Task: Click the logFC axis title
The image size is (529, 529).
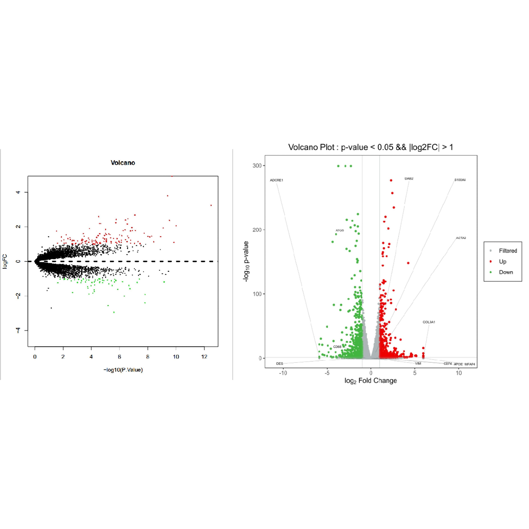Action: pyautogui.click(x=5, y=262)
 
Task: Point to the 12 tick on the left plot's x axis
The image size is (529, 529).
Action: pyautogui.click(x=204, y=357)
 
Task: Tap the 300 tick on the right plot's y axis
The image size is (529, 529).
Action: pyautogui.click(x=257, y=166)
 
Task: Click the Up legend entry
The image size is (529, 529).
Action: pyautogui.click(x=502, y=262)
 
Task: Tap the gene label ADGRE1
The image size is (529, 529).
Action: pyautogui.click(x=277, y=180)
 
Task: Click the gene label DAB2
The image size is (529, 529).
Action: pyautogui.click(x=409, y=179)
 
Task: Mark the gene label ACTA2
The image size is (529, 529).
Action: pyautogui.click(x=461, y=238)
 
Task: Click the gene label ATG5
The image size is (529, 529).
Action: pyautogui.click(x=340, y=231)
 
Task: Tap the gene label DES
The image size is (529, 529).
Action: pyautogui.click(x=280, y=364)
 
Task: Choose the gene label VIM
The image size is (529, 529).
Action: pyautogui.click(x=418, y=364)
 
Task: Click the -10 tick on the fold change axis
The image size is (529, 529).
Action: pyautogui.click(x=283, y=373)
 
